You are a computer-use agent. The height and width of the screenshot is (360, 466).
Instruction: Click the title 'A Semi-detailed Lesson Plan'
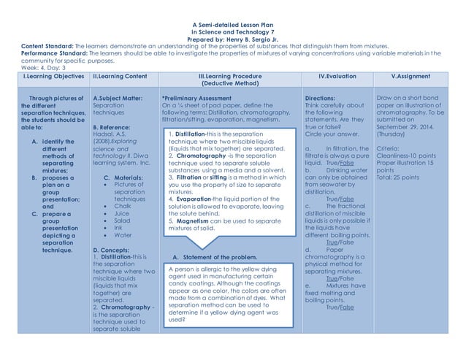click(x=233, y=25)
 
